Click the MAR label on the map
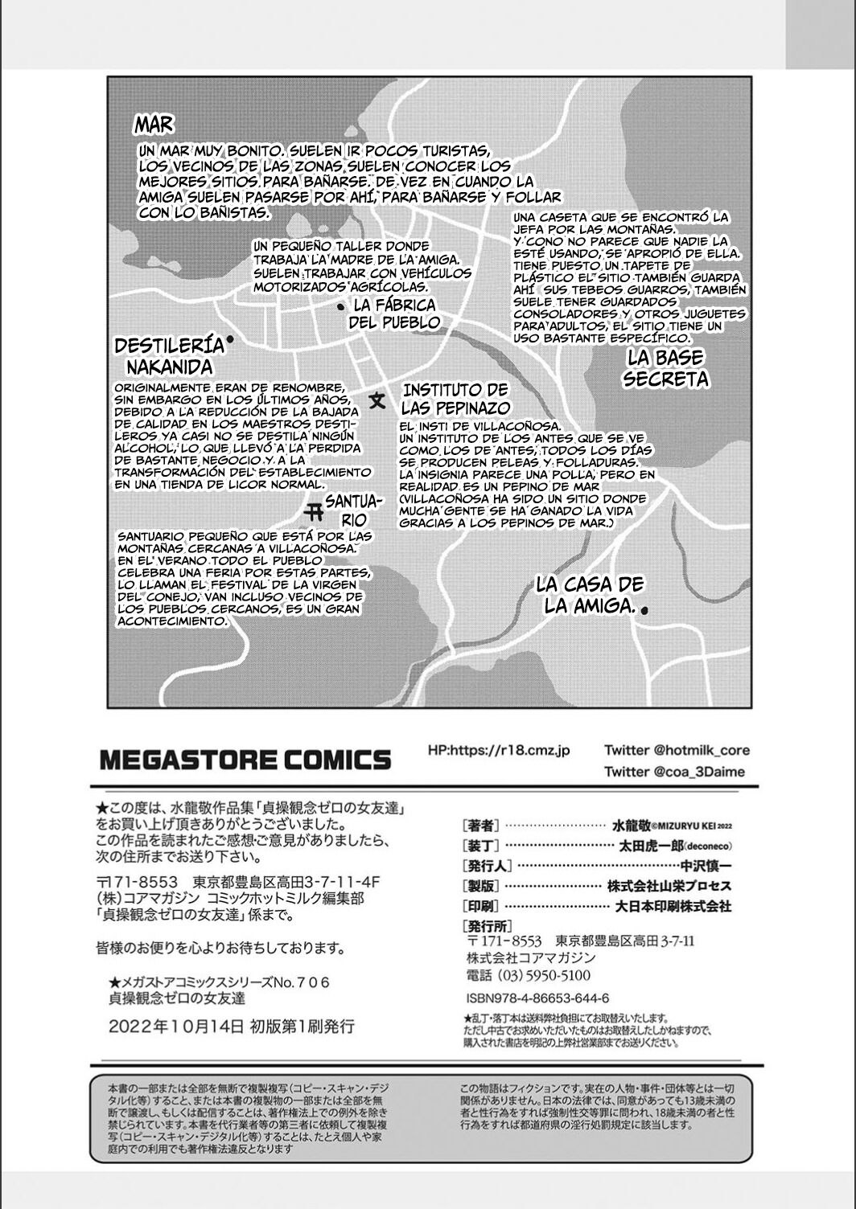coord(153,125)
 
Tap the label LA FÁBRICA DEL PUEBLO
coord(394,314)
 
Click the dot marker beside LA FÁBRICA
coord(340,306)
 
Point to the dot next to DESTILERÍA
coord(230,340)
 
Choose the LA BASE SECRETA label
coord(665,368)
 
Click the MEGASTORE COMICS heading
coord(245,759)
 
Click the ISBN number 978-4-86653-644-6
coord(537,998)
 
